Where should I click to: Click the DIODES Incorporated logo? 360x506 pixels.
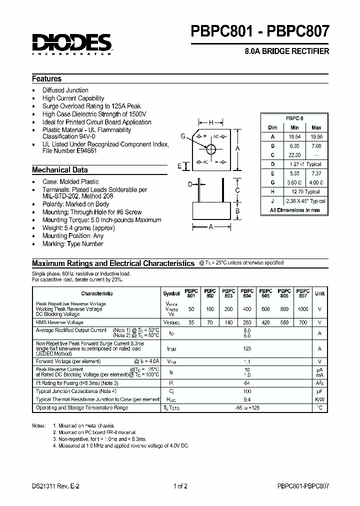coord(72,44)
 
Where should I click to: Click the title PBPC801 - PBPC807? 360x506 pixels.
coord(260,32)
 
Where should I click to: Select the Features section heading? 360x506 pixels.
coord(47,79)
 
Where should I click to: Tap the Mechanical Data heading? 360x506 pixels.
coord(60,170)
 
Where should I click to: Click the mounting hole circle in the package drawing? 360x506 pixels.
coord(211,149)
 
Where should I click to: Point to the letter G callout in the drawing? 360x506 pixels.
coord(183,136)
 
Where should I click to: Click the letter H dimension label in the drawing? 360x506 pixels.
coord(211,122)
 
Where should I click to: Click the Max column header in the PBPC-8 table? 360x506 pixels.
coord(316,127)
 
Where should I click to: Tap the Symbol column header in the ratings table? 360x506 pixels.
coord(171,294)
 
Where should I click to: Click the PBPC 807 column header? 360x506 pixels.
coord(303,293)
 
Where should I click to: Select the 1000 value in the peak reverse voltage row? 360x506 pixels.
coord(303,309)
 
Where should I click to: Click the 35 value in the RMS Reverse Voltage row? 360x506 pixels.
coord(191,323)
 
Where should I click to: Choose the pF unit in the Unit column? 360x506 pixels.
coord(319,391)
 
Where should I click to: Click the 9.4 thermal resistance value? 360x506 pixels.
coord(246,399)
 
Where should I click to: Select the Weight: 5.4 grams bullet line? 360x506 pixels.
coord(78,228)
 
